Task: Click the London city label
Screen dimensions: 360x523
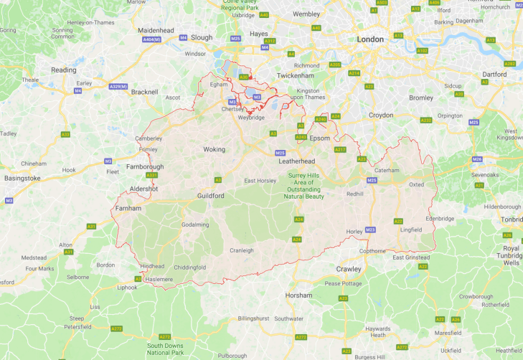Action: [371, 39]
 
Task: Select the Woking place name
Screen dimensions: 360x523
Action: [214, 150]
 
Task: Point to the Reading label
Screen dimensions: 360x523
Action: [63, 70]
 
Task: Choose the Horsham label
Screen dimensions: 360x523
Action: [298, 295]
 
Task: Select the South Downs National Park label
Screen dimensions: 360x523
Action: [166, 349]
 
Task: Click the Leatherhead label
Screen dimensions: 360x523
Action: [297, 161]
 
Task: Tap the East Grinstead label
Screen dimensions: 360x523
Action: [410, 257]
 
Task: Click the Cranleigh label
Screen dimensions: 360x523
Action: [242, 250]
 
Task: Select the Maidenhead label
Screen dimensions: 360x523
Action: [156, 31]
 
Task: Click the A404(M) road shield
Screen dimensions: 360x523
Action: [152, 40]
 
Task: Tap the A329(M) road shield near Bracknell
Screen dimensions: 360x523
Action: [118, 87]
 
